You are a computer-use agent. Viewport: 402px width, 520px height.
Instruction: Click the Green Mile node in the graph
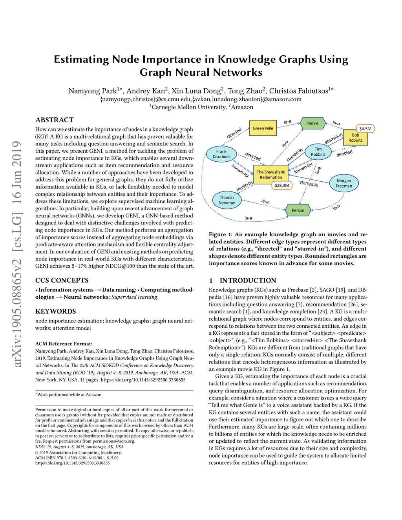click(x=263, y=128)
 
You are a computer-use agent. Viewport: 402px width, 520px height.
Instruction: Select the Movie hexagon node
click(x=313, y=123)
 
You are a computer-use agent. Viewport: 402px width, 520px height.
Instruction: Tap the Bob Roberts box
click(x=355, y=138)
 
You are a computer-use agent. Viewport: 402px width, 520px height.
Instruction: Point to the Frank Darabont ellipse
click(x=221, y=154)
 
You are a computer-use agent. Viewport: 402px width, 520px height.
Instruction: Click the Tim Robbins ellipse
click(x=318, y=152)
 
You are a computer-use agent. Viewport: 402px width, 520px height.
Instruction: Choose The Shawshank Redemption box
click(x=271, y=175)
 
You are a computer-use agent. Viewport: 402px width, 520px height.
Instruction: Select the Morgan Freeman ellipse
click(x=344, y=183)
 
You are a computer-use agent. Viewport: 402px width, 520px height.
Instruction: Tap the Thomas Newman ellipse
click(x=227, y=200)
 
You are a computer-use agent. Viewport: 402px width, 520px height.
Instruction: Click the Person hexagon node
click(x=298, y=210)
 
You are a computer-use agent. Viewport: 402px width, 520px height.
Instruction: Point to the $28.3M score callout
click(x=282, y=185)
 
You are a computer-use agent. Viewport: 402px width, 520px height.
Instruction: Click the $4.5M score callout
click(x=365, y=129)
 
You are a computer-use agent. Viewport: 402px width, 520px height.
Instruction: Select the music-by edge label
click(x=244, y=186)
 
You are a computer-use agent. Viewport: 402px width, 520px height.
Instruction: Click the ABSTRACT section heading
click(x=55, y=120)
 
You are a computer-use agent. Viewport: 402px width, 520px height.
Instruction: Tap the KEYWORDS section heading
click(x=56, y=312)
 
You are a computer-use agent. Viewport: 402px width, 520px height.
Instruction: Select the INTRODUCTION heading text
click(x=248, y=281)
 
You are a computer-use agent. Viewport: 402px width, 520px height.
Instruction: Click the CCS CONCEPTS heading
click(x=62, y=281)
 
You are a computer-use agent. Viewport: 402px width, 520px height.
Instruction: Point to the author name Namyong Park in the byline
click(x=92, y=91)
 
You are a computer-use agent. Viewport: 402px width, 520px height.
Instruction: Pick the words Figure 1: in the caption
click(x=221, y=235)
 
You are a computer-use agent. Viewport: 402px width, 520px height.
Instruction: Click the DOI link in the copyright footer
click(x=73, y=463)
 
